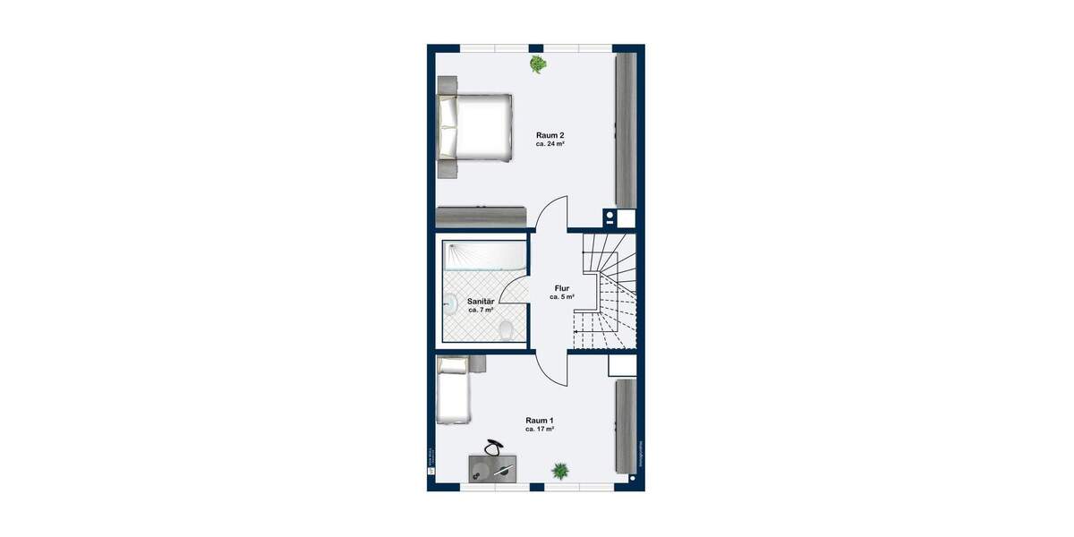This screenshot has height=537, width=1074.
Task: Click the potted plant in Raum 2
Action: [538, 64]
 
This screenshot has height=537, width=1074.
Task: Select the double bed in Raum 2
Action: [474, 127]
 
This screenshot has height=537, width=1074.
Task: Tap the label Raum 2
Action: [550, 134]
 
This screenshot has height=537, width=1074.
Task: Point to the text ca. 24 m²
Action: [550, 143]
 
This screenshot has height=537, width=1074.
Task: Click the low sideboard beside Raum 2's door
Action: [481, 217]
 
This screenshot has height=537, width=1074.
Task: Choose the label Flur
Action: [562, 288]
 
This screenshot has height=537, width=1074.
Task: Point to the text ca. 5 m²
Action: [562, 296]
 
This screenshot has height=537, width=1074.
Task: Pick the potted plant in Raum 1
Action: [560, 470]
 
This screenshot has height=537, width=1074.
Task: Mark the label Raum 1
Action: [540, 421]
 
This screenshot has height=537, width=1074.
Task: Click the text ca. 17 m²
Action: [540, 430]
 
